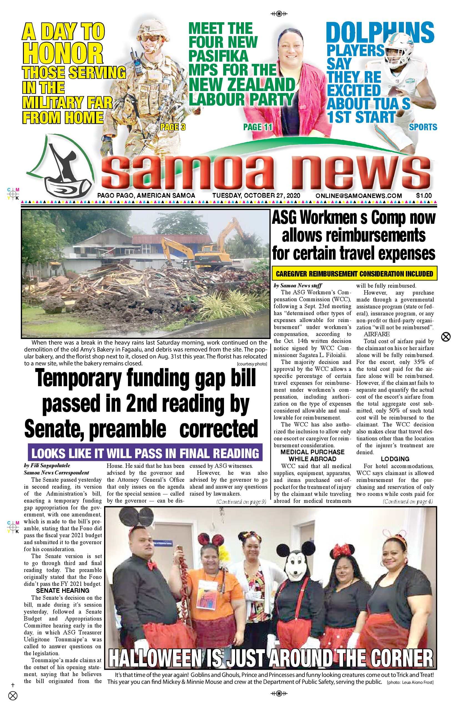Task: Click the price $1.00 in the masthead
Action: click(424, 195)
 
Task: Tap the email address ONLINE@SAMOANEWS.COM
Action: click(359, 196)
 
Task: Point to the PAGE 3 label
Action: click(173, 127)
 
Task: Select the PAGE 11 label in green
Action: click(258, 127)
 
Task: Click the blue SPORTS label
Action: click(423, 127)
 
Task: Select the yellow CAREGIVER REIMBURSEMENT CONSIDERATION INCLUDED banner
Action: click(354, 274)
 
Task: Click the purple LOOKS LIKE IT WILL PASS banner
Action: click(145, 453)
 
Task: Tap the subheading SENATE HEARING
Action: click(62, 590)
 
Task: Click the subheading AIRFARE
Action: click(376, 334)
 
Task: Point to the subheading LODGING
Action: click(395, 459)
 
